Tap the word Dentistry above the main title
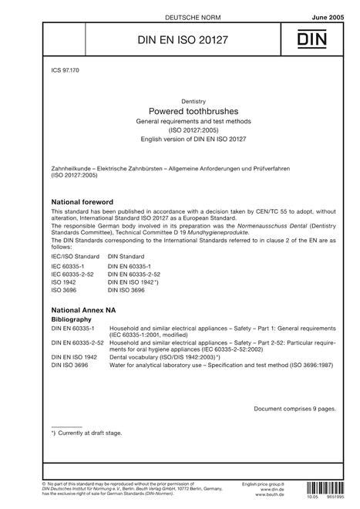click(x=180, y=100)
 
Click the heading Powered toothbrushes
click(x=180, y=111)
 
